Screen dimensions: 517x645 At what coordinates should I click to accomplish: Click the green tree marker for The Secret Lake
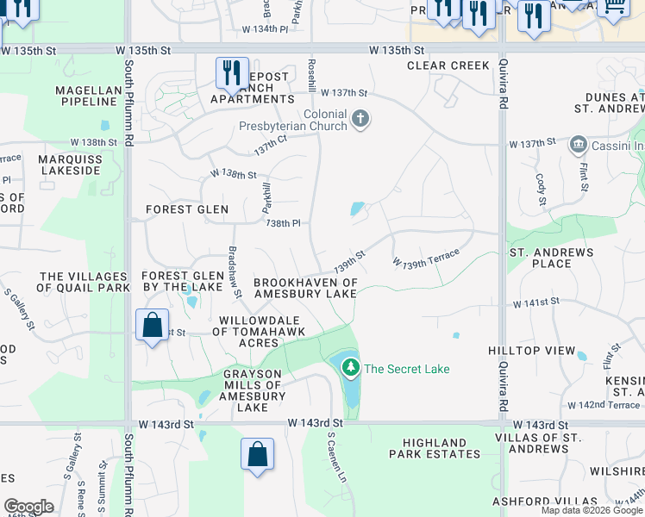350,368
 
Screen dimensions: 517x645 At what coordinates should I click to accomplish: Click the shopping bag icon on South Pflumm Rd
152,326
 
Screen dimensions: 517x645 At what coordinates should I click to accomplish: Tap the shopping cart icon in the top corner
613,7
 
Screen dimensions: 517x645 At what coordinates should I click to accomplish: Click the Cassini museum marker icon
578,145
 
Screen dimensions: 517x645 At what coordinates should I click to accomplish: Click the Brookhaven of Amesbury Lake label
304,288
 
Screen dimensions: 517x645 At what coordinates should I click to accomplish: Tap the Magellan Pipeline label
85,95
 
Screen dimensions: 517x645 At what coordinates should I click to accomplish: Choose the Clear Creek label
448,65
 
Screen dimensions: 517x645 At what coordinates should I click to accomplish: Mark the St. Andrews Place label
552,258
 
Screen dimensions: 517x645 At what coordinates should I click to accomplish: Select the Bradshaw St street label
232,268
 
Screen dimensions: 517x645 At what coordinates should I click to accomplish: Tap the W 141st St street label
535,302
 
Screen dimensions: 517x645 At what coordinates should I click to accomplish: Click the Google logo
28,507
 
